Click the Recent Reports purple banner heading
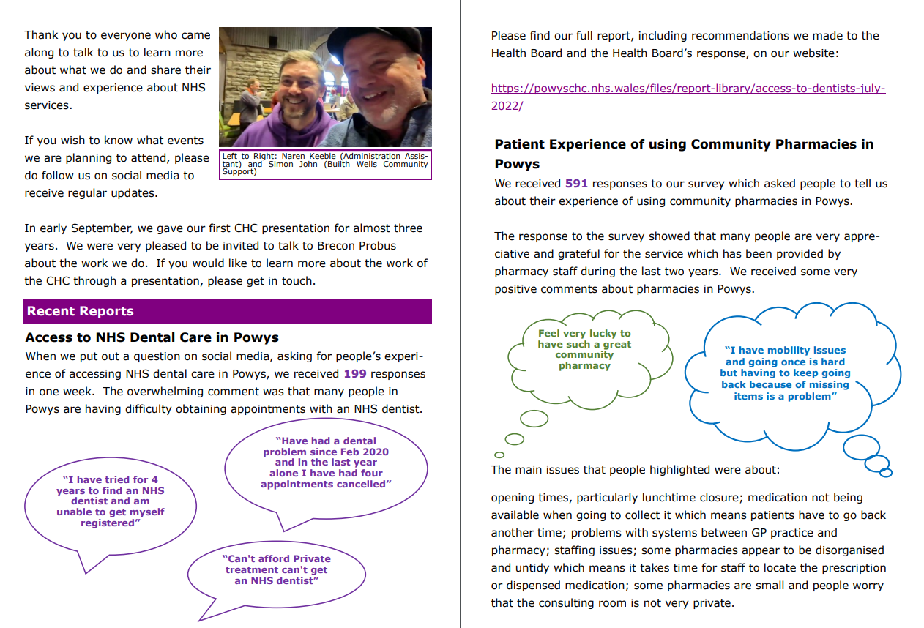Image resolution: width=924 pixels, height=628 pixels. point(81,311)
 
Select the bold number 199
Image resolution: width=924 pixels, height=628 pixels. point(355,374)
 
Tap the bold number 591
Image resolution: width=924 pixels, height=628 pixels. point(576,184)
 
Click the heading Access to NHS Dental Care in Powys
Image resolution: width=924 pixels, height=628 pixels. point(152,337)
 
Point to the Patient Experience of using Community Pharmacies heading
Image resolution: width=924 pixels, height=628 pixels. point(684,144)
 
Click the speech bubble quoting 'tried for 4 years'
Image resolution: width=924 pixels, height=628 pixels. point(111,501)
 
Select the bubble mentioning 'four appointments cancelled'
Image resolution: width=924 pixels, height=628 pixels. point(326,463)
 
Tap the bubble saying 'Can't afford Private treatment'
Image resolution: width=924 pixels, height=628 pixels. point(277,569)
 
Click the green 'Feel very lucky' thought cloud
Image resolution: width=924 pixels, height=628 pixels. point(584,349)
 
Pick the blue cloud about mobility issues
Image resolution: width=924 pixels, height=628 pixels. point(785,373)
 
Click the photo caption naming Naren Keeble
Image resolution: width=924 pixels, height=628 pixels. point(325,164)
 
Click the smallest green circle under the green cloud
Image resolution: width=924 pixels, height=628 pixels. point(499,455)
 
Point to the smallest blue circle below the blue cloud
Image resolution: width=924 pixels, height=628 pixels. point(885,473)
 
